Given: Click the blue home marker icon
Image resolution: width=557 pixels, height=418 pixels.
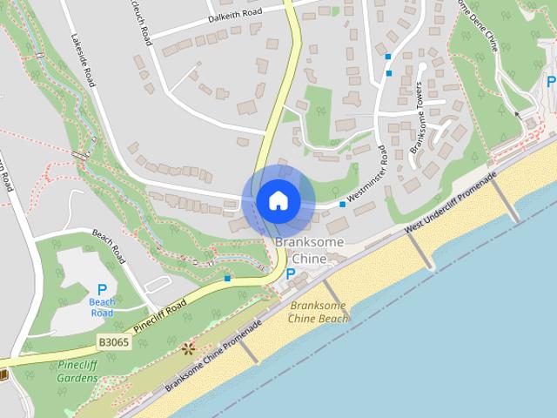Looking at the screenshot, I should [x=278, y=201].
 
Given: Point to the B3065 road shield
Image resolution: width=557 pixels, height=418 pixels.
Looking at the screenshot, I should [x=113, y=343].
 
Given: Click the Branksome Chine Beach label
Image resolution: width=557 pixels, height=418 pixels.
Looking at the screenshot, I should [x=319, y=313].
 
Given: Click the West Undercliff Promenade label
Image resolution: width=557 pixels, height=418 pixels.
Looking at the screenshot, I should [x=451, y=201].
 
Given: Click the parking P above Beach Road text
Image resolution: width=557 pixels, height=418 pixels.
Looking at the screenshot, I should [x=102, y=290].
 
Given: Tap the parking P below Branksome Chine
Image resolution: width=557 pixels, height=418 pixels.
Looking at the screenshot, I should [x=291, y=274].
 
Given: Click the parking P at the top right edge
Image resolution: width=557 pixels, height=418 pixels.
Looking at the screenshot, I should [x=550, y=82].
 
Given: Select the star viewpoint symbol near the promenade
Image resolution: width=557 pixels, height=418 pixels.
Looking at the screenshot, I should [x=188, y=348].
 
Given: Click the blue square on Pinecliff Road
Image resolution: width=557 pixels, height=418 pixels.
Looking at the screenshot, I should [x=227, y=279].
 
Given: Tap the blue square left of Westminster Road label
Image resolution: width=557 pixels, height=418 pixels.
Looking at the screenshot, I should [x=342, y=205].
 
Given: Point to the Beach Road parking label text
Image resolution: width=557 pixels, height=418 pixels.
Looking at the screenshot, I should [x=102, y=307].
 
